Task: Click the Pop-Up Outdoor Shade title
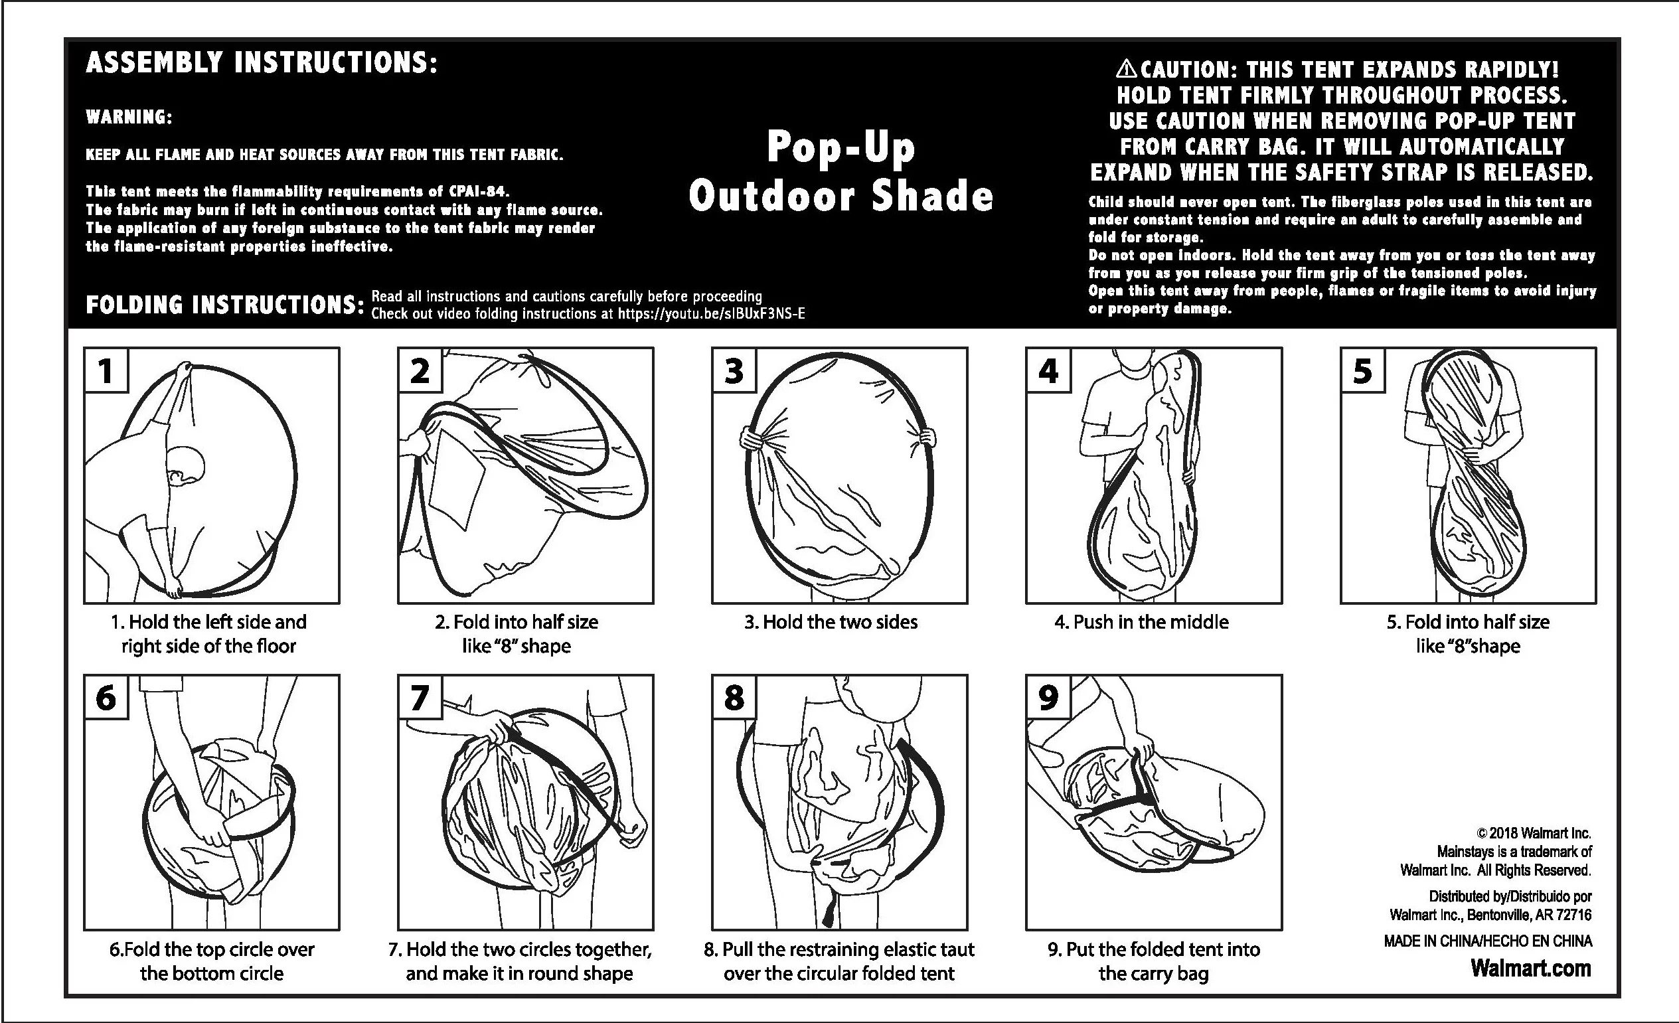coord(840,171)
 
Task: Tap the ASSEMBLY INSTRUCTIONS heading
coord(261,62)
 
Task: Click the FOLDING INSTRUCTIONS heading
coord(225,305)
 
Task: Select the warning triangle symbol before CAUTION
coord(1127,68)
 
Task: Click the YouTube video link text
coord(712,313)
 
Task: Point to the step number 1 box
coord(106,370)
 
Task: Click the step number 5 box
coord(1363,370)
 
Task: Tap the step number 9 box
coord(1048,697)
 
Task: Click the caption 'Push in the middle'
coord(1141,621)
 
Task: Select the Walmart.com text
coord(1531,968)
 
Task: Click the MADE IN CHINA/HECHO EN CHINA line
coord(1488,941)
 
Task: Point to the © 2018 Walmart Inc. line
coord(1534,833)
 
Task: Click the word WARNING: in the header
coord(129,118)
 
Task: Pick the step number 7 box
coord(420,697)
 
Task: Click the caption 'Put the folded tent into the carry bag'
coord(1154,961)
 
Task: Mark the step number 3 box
coord(734,370)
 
